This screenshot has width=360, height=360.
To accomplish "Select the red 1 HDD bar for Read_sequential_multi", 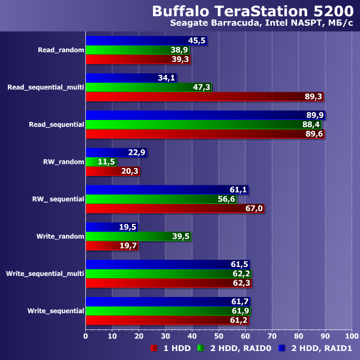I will [204, 97].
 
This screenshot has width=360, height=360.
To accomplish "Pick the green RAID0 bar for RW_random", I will [101, 162].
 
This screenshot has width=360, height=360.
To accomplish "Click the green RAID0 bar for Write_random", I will [138, 236].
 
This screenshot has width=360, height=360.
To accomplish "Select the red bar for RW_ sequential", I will [175, 209].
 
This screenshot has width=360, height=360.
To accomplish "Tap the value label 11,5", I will [107, 162].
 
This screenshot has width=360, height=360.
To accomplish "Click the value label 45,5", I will [197, 41].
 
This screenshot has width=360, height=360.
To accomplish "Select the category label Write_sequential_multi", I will [45, 274].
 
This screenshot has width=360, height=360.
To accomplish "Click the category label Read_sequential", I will [56, 125].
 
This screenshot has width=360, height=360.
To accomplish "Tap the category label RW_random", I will [64, 162].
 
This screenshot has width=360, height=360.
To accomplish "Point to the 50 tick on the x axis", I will [218, 335].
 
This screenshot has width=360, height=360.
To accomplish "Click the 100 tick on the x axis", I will [351, 335].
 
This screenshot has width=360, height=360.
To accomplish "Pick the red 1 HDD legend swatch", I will [154, 347].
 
